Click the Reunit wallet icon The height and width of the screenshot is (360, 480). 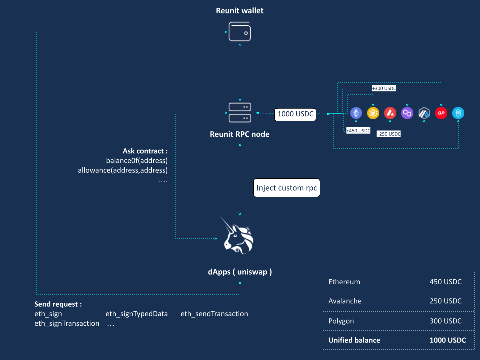click(240, 31)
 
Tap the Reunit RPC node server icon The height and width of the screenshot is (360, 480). click(240, 113)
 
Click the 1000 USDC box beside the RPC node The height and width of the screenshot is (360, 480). click(295, 114)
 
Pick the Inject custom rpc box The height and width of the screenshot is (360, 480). click(287, 188)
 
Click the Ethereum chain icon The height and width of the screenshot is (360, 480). click(356, 113)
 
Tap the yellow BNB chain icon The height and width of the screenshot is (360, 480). click(373, 113)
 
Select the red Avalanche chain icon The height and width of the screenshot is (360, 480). click(390, 113)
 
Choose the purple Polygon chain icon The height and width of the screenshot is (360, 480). click(407, 113)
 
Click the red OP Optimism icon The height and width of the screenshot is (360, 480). click(441, 113)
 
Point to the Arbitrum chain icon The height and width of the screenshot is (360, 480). click(424, 113)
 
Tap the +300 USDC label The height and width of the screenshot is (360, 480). click(384, 88)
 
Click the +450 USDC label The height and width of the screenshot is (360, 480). click(358, 130)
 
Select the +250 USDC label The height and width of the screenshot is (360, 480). click(389, 134)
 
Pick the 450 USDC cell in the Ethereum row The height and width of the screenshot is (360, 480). click(445, 282)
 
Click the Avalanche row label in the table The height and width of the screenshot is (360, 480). click(345, 301)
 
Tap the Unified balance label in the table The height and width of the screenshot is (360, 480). click(354, 340)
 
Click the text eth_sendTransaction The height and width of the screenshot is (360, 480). click(214, 314)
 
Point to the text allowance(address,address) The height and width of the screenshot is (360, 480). click(123, 170)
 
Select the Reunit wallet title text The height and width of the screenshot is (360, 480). click(240, 10)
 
